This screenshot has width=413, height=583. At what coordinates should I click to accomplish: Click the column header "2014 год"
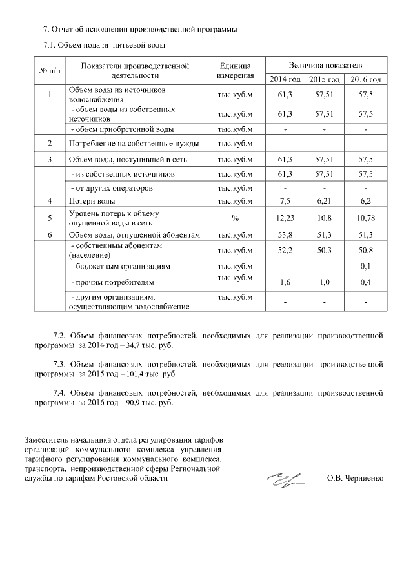click(x=285, y=79)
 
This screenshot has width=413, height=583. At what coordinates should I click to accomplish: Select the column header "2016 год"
click(x=365, y=79)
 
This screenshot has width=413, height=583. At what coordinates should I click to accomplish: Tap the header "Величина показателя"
click(x=325, y=66)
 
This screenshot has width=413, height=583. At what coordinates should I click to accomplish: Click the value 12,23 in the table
click(x=285, y=218)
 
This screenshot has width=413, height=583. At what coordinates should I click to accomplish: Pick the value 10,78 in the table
click(x=365, y=218)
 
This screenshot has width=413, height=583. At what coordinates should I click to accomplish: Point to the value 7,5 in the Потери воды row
click(x=285, y=202)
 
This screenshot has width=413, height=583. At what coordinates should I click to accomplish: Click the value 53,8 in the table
click(x=285, y=235)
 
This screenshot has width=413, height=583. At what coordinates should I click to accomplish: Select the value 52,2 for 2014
click(x=285, y=251)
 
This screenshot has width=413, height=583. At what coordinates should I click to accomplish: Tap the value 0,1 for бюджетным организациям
click(x=365, y=266)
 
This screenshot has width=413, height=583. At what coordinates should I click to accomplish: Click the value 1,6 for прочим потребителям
click(x=285, y=282)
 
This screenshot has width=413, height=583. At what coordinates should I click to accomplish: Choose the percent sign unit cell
click(x=235, y=218)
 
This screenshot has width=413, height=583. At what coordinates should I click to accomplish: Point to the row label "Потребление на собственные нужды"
click(x=134, y=142)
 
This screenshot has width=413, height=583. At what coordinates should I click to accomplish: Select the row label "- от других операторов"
click(x=110, y=188)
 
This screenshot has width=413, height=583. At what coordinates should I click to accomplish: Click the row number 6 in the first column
click(x=50, y=235)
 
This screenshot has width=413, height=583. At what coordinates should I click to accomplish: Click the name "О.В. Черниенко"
click(x=355, y=479)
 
